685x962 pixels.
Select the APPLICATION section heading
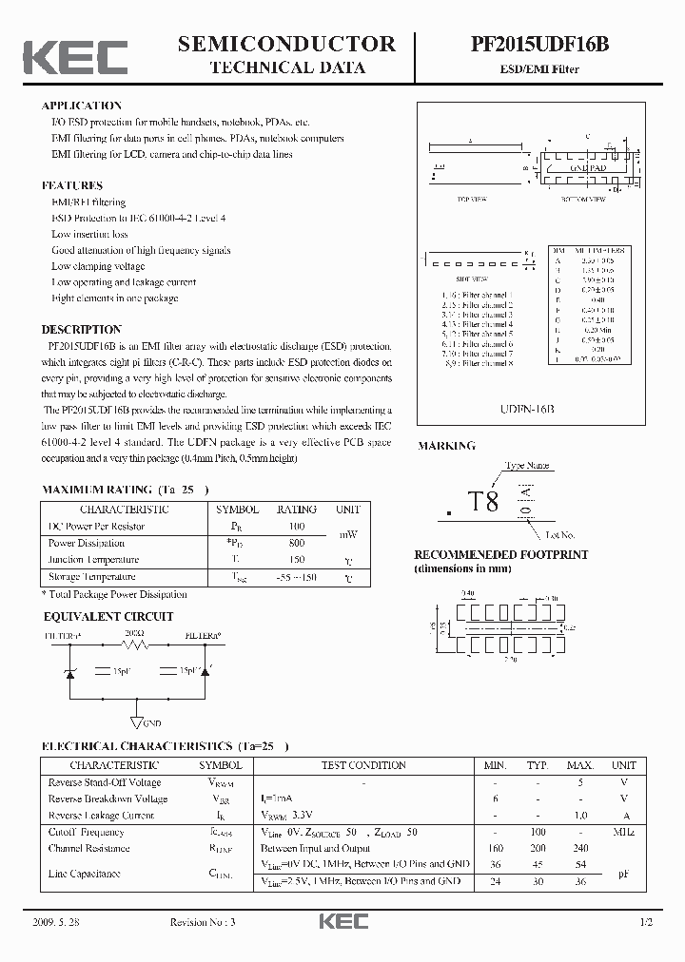pyautogui.click(x=82, y=106)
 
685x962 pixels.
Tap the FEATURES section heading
pyautogui.click(x=72, y=185)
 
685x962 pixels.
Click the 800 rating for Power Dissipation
pyautogui.click(x=296, y=543)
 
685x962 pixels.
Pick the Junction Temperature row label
pyautogui.click(x=93, y=560)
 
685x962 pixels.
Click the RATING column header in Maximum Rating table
pyautogui.click(x=296, y=509)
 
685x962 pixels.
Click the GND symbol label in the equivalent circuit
pyautogui.click(x=151, y=722)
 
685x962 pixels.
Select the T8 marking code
pyautogui.click(x=483, y=502)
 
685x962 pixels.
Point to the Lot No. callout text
pyautogui.click(x=560, y=535)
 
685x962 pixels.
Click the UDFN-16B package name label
pyautogui.click(x=526, y=407)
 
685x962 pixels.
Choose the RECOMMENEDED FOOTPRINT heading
pyautogui.click(x=500, y=554)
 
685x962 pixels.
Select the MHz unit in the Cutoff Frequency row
pyautogui.click(x=624, y=832)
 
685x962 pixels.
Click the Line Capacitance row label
pyautogui.click(x=84, y=873)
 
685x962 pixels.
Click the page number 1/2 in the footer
pyautogui.click(x=647, y=923)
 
